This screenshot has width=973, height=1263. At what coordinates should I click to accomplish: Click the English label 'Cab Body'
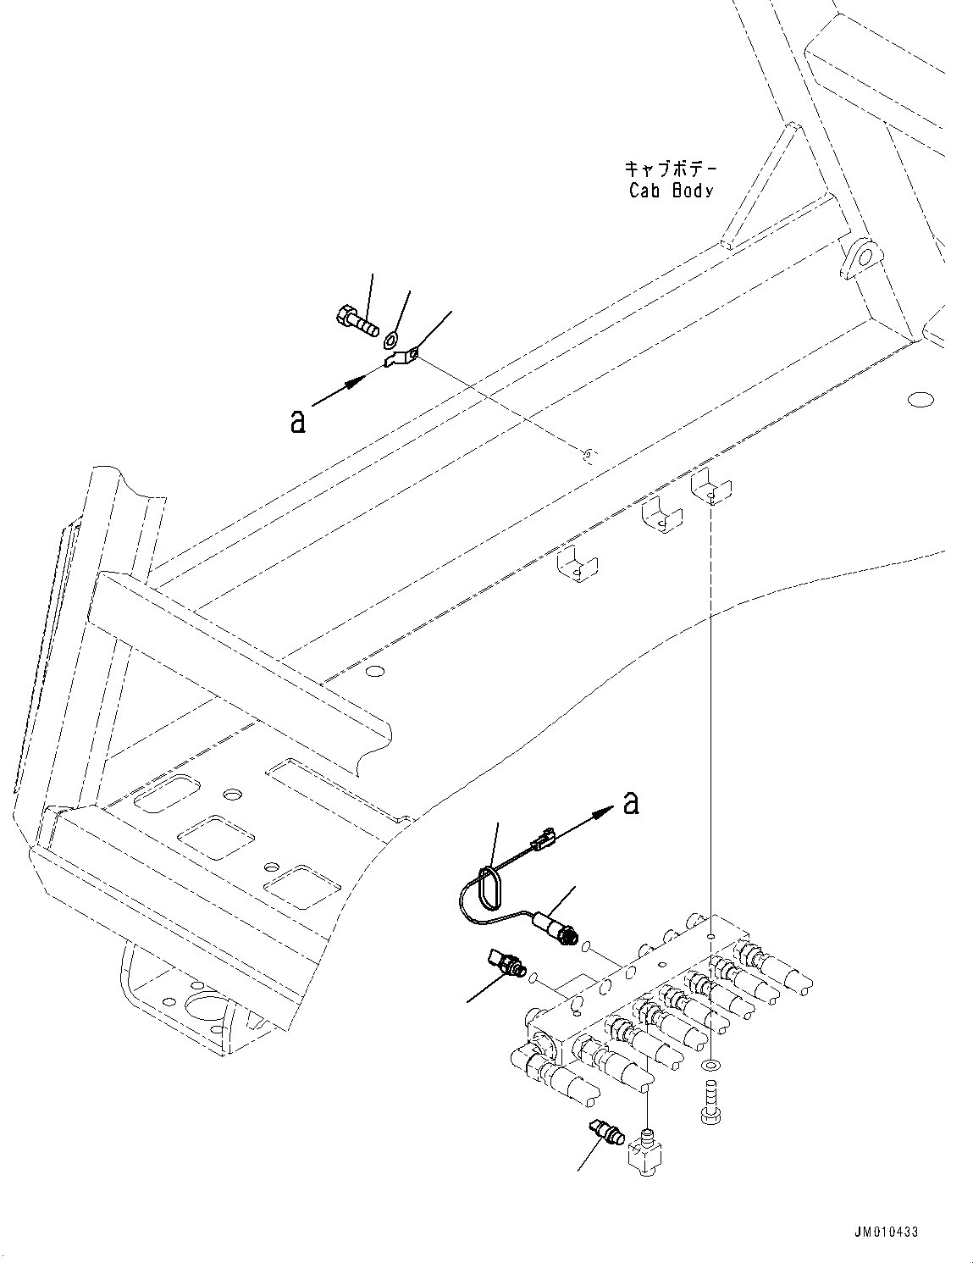[x=671, y=191]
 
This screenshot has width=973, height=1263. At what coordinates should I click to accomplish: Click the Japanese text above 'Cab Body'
[x=672, y=169]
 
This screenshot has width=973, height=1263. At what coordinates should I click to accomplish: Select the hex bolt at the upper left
[x=353, y=321]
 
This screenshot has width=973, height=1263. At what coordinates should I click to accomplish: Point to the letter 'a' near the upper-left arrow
[x=297, y=421]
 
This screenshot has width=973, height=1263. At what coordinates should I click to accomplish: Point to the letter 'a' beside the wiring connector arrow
[x=631, y=802]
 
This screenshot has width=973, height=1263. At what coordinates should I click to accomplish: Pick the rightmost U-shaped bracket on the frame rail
[x=711, y=489]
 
